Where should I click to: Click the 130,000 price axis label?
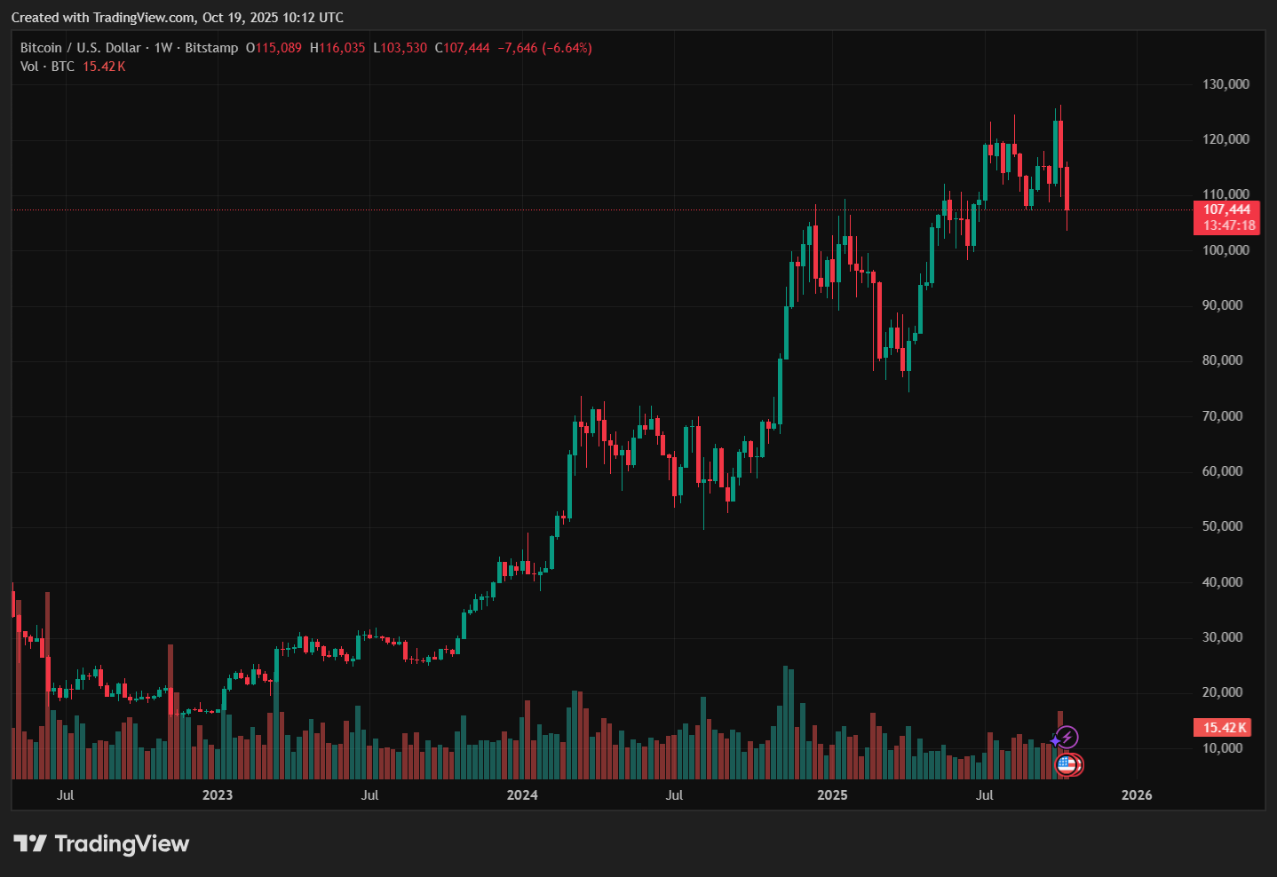1225,84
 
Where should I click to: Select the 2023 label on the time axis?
218,795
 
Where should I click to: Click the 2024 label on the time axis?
522,795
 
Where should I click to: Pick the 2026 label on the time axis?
1137,795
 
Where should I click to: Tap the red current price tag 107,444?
1226,209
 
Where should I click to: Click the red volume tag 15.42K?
1225,728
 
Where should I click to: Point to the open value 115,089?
278,48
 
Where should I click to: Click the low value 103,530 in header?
404,48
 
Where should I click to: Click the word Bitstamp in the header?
211,48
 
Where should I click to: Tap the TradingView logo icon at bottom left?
30,843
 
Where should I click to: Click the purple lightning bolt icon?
1067,737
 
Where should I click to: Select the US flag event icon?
1067,764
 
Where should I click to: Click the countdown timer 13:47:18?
1229,225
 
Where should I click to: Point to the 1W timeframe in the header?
163,48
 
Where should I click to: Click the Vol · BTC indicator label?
48,67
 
